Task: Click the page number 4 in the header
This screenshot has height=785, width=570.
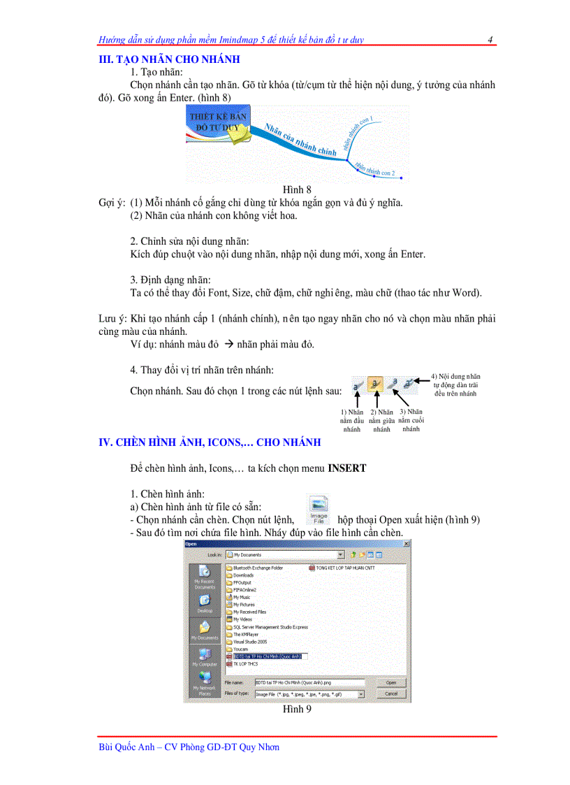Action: [490, 40]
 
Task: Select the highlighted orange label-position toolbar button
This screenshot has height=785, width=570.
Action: [376, 384]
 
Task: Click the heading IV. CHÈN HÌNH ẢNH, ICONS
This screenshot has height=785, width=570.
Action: [210, 442]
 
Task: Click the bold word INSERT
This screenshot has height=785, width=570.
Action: [346, 468]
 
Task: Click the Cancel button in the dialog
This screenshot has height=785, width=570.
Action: [391, 693]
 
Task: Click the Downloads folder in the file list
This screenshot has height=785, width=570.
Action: [243, 575]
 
